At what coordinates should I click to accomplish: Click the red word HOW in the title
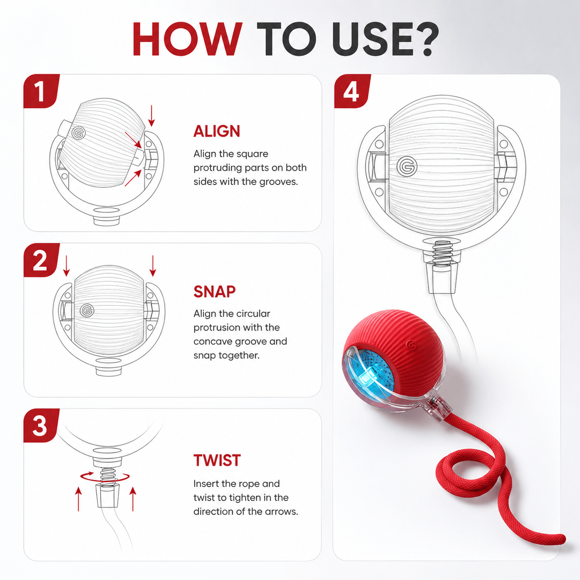tap(187, 39)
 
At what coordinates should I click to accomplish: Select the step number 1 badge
tap(41, 91)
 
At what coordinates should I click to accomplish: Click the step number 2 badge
tap(41, 260)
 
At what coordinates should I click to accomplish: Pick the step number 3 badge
tap(41, 426)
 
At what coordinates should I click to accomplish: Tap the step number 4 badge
tap(352, 91)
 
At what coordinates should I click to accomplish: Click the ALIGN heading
tap(217, 131)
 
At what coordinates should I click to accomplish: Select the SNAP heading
tap(215, 291)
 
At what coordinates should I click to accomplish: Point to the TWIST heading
tap(217, 460)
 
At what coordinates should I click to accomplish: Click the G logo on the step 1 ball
tap(79, 133)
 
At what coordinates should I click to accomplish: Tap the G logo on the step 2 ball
tap(87, 310)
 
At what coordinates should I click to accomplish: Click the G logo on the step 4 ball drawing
tap(407, 166)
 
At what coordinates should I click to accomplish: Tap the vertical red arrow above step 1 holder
tap(152, 116)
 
